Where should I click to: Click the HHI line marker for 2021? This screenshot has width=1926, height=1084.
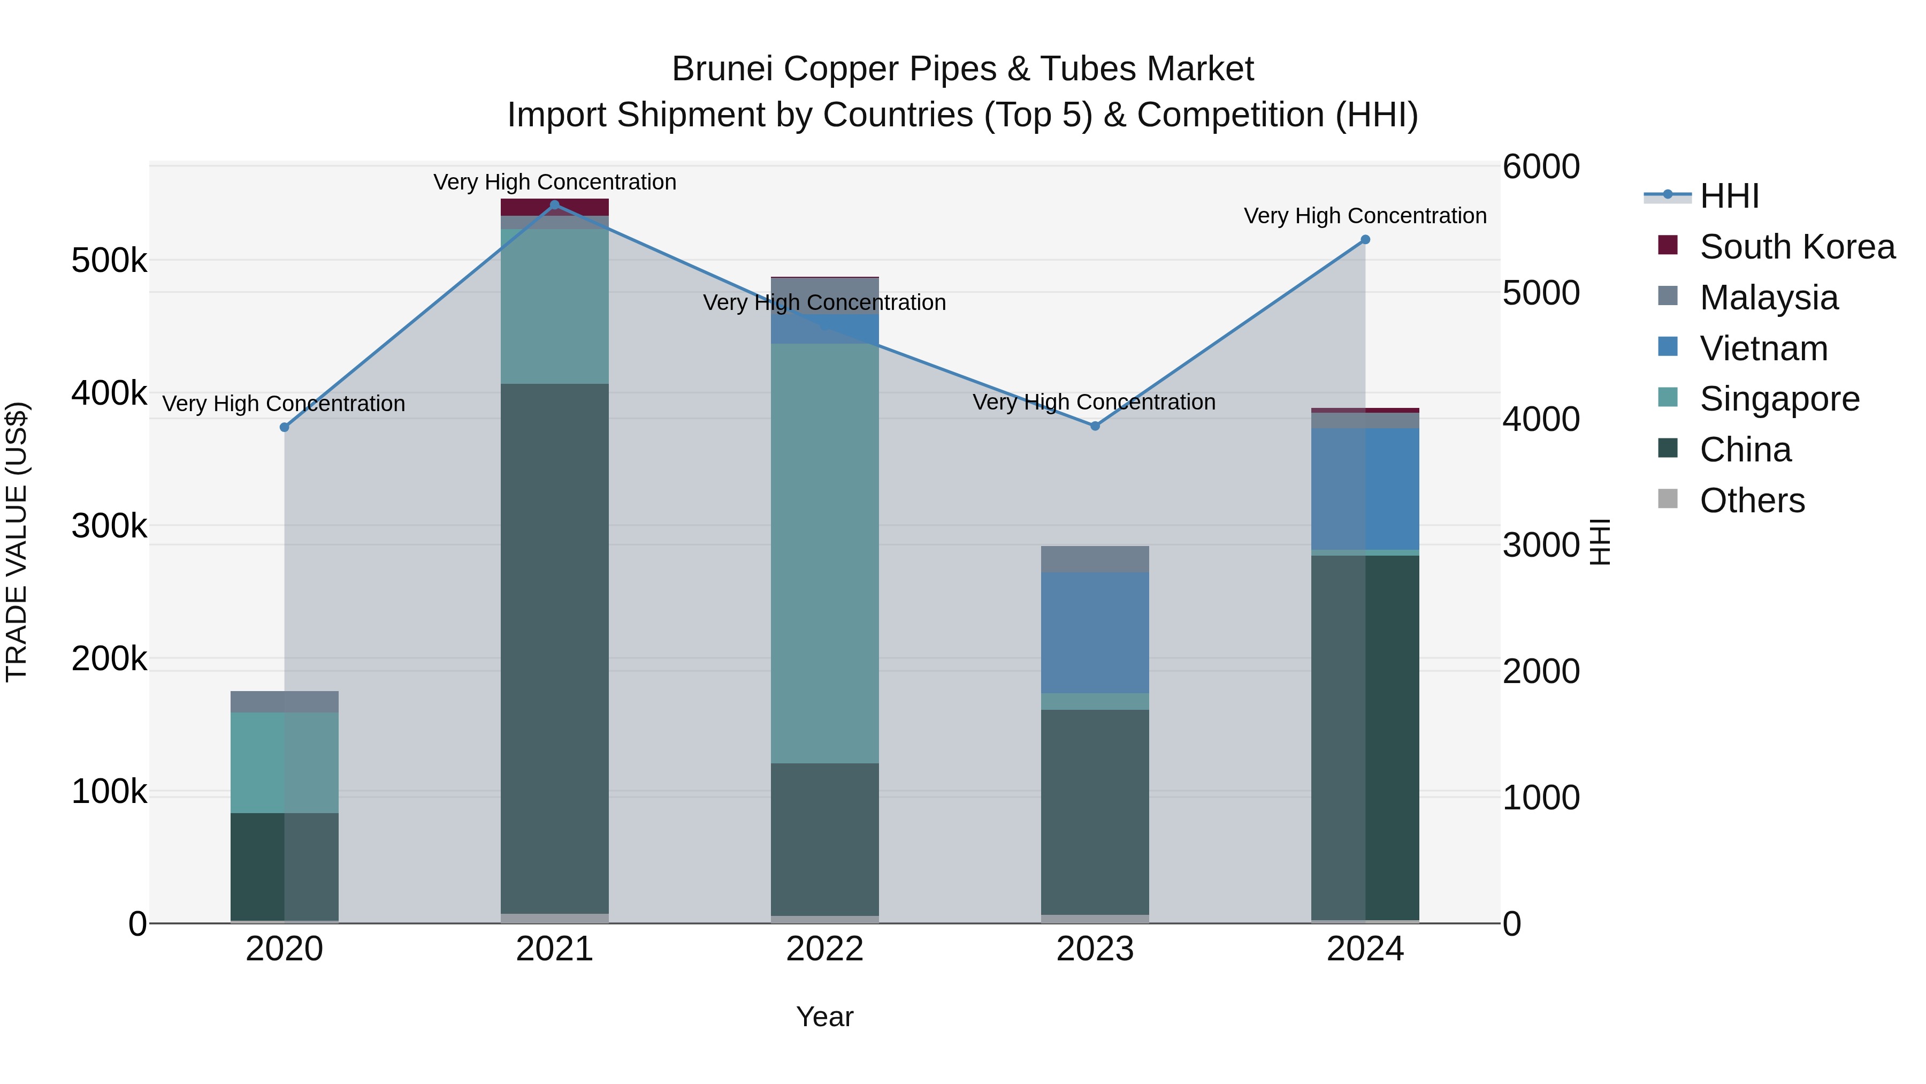click(x=555, y=205)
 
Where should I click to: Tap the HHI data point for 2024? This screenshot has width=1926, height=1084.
click(x=1365, y=239)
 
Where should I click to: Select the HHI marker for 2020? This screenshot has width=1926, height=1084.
click(x=284, y=427)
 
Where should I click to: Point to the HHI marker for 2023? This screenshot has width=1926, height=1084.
click(x=1095, y=426)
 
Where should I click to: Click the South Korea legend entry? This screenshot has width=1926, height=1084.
click(x=1797, y=246)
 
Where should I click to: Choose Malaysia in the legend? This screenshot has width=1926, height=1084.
click(x=1768, y=297)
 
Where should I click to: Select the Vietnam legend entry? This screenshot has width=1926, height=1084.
click(x=1763, y=348)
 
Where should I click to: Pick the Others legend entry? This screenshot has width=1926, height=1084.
click(x=1752, y=500)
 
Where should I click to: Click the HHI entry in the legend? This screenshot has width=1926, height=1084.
click(x=1729, y=196)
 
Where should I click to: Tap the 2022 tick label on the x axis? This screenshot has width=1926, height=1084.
click(x=824, y=949)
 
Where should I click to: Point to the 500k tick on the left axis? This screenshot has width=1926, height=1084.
click(x=109, y=261)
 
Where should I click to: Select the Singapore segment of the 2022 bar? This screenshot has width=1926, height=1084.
click(x=824, y=554)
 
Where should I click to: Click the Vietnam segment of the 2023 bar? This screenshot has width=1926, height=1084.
click(x=1095, y=632)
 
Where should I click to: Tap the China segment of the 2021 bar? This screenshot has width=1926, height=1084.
click(x=555, y=648)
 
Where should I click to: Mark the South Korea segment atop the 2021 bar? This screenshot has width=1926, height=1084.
click(x=555, y=207)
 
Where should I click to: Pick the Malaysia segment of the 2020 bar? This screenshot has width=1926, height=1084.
click(x=284, y=702)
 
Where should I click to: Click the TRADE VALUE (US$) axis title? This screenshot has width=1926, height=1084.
click(x=17, y=542)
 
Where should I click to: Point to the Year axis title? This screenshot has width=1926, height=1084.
click(x=824, y=1017)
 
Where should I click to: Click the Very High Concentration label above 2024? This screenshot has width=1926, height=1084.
click(x=1365, y=215)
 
